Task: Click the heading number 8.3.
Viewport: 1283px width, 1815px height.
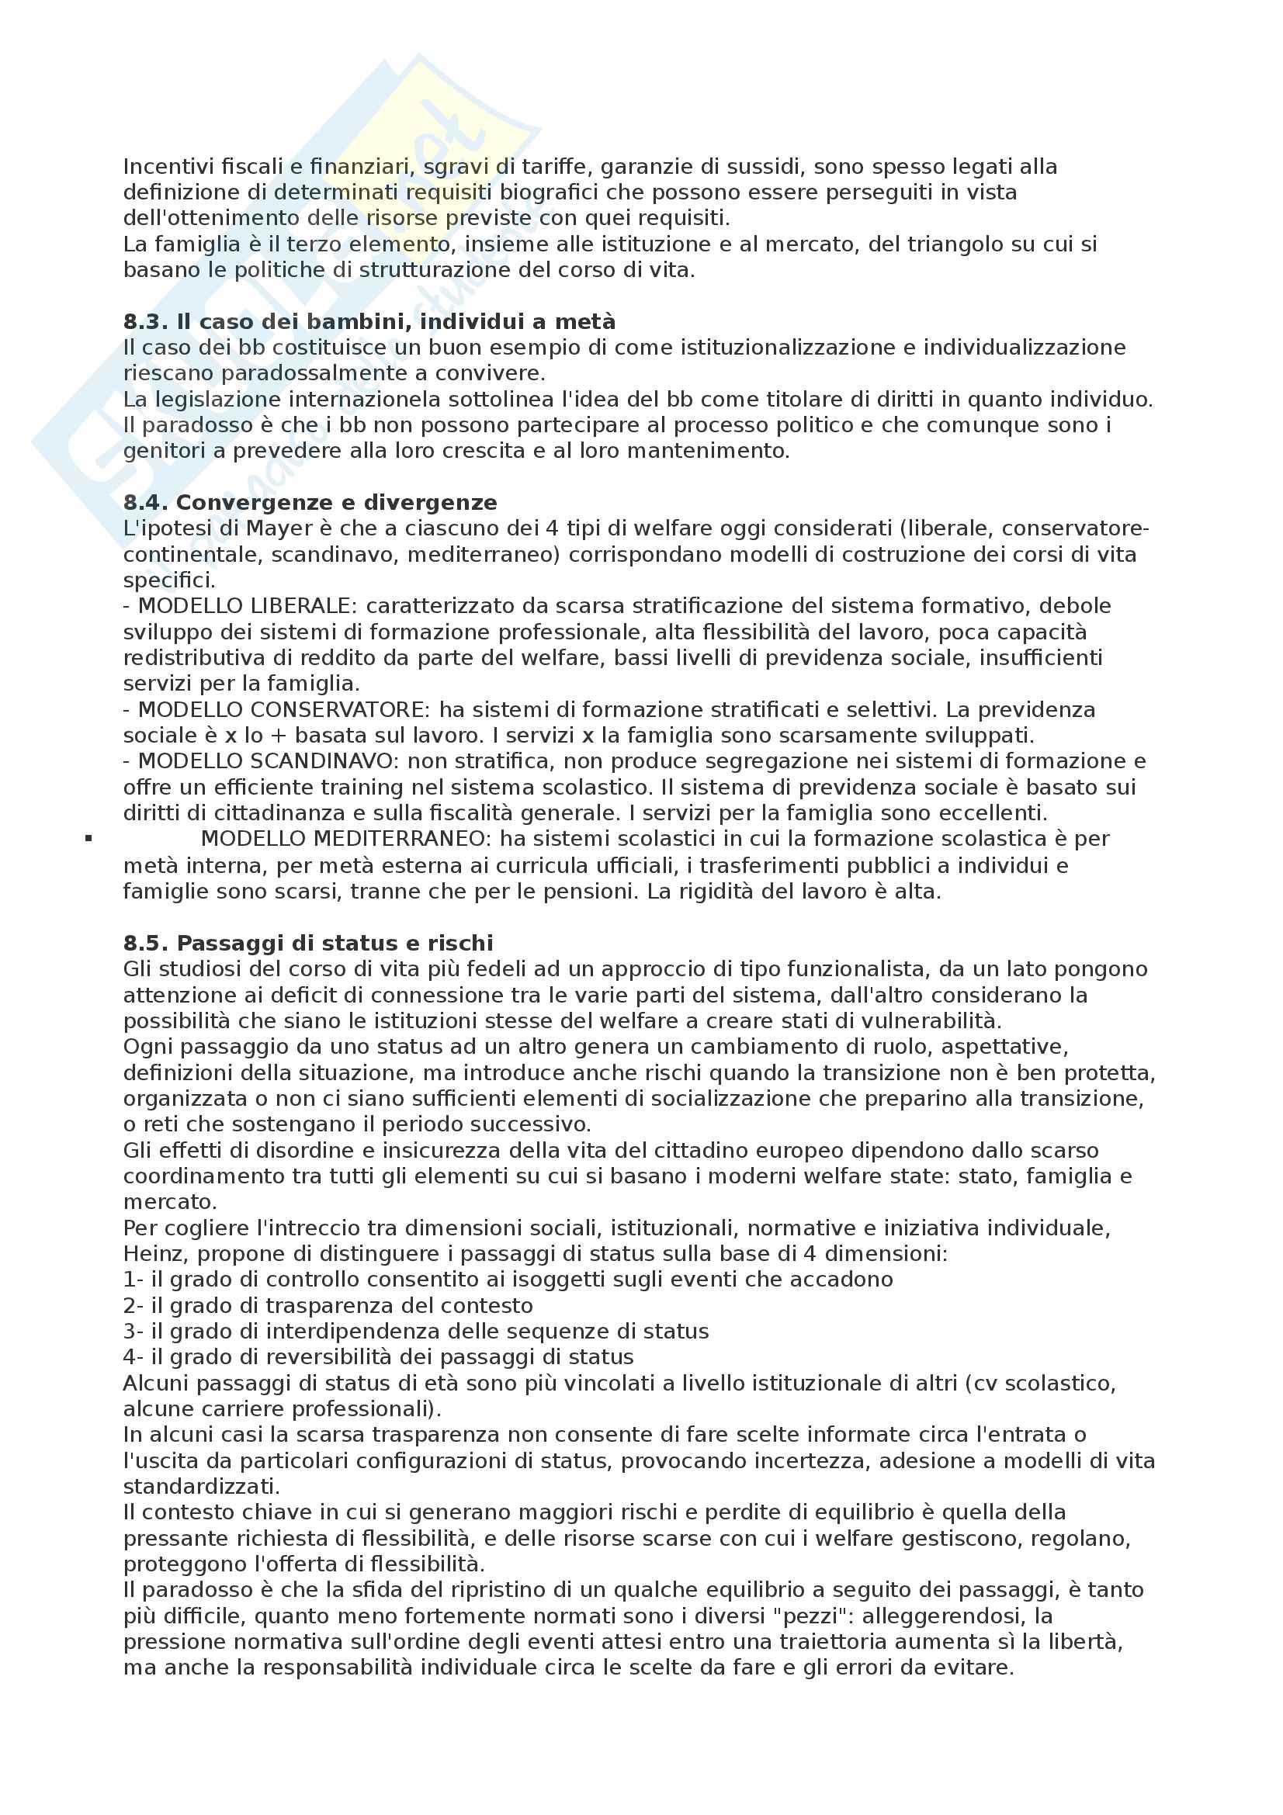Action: point(146,323)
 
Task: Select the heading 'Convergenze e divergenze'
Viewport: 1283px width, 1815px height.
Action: point(337,504)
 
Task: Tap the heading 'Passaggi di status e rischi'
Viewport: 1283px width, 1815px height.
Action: point(335,944)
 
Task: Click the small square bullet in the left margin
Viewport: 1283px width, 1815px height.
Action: point(89,839)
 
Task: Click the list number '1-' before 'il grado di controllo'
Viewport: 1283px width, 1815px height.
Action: point(133,1280)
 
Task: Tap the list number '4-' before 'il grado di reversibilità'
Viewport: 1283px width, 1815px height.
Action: point(133,1358)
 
